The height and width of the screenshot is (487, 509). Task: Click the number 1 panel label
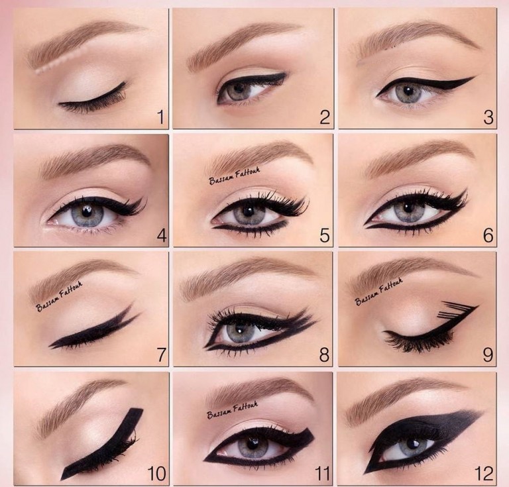(160, 117)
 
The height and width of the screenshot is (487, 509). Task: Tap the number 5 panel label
(325, 235)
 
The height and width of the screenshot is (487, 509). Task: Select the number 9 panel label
(488, 355)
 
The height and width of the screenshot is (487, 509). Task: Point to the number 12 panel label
(484, 474)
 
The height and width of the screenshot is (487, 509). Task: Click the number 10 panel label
(157, 474)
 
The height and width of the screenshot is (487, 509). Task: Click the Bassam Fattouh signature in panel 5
(235, 176)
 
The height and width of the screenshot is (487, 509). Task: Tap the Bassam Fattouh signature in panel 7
(59, 297)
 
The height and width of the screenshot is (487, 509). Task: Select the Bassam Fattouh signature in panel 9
(379, 292)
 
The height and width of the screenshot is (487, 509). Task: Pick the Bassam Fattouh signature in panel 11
(233, 409)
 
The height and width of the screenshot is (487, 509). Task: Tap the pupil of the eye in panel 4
(87, 211)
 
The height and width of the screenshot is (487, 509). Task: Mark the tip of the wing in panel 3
(475, 77)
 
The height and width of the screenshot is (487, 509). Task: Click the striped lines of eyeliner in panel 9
(453, 309)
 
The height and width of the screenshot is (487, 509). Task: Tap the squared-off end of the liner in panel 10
(136, 409)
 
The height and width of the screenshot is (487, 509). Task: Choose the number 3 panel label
(488, 117)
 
